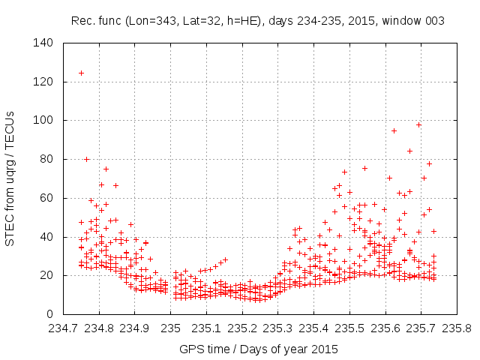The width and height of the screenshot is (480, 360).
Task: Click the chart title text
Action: [257, 21]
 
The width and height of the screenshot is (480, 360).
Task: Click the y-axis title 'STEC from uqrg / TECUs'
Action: [10, 177]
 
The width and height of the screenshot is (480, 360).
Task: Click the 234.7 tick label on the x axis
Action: [64, 328]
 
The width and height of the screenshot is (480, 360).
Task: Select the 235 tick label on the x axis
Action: [171, 328]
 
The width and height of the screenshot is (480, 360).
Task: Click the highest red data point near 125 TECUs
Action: [81, 73]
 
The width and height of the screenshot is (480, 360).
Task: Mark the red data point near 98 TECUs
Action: [418, 124]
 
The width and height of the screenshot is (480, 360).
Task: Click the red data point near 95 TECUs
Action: [394, 130]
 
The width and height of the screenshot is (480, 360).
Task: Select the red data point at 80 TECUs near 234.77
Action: [86, 159]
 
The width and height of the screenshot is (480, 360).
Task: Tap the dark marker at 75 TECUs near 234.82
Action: [106, 169]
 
